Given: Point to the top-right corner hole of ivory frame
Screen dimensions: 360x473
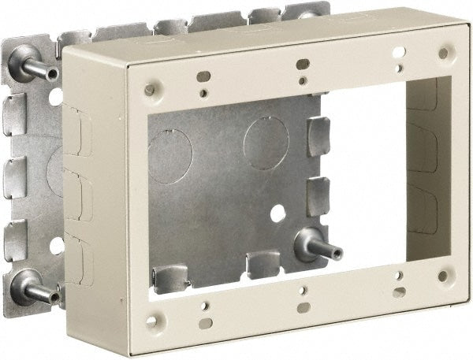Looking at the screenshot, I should [x=443, y=54].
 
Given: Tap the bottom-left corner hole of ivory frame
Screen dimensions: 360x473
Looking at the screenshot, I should [x=160, y=321].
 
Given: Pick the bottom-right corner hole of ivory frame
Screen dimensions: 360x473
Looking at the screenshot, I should [x=442, y=276].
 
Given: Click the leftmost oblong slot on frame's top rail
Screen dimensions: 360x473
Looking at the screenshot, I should [x=203, y=76].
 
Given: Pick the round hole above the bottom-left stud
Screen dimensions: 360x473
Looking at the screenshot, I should [x=56, y=245].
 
